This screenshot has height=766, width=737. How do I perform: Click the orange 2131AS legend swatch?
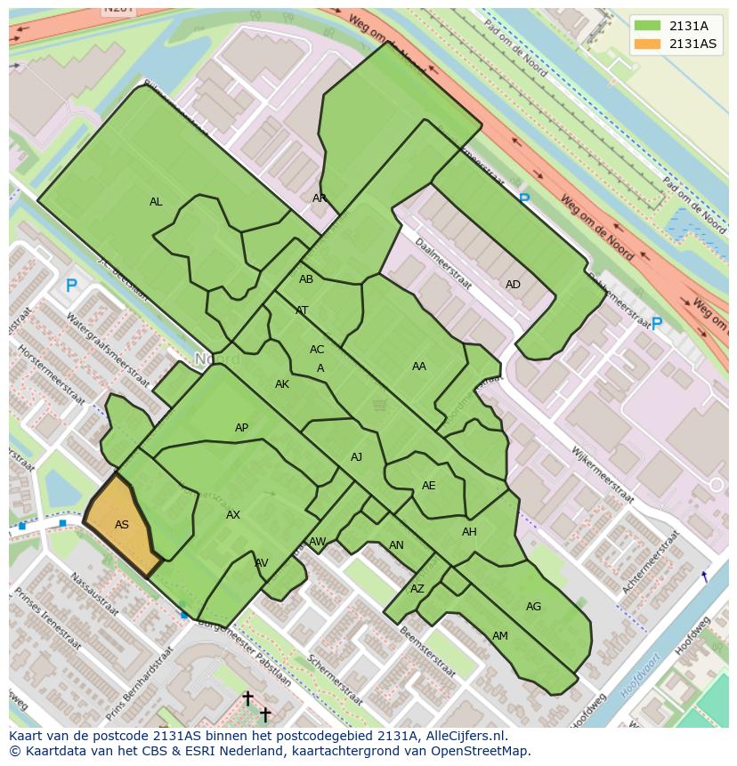(x=647, y=44)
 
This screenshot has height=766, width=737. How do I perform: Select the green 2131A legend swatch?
(x=647, y=26)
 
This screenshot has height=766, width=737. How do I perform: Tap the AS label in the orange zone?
(x=122, y=525)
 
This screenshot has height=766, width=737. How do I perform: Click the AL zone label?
(x=156, y=202)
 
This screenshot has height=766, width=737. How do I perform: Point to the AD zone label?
(x=513, y=285)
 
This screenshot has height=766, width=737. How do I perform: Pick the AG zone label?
(x=533, y=607)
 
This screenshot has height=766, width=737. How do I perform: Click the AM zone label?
(x=500, y=636)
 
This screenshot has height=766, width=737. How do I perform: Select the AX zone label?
(x=233, y=515)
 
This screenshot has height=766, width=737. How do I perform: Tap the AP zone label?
(x=241, y=428)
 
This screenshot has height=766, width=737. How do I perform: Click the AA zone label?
(x=419, y=366)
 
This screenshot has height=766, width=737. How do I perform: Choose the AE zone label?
(x=429, y=486)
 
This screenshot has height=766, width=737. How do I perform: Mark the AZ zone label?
(x=417, y=589)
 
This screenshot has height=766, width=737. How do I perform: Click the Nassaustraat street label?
(x=94, y=594)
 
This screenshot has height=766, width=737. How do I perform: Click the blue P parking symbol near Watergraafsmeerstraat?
(x=71, y=286)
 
